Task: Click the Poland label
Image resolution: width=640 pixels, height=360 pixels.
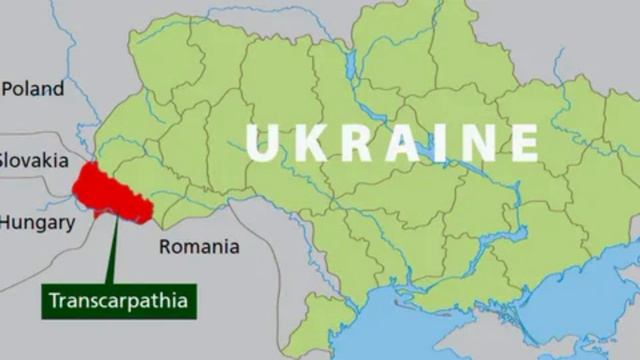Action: [x=33, y=89]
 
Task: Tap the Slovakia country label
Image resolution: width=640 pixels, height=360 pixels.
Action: [x=34, y=160]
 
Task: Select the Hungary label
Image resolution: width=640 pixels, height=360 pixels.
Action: [x=37, y=223]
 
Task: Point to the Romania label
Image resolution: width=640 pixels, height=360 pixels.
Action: [x=200, y=246]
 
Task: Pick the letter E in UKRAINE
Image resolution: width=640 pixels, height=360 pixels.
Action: [x=520, y=142]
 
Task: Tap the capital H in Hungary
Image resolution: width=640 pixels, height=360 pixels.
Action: [x=5, y=223]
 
